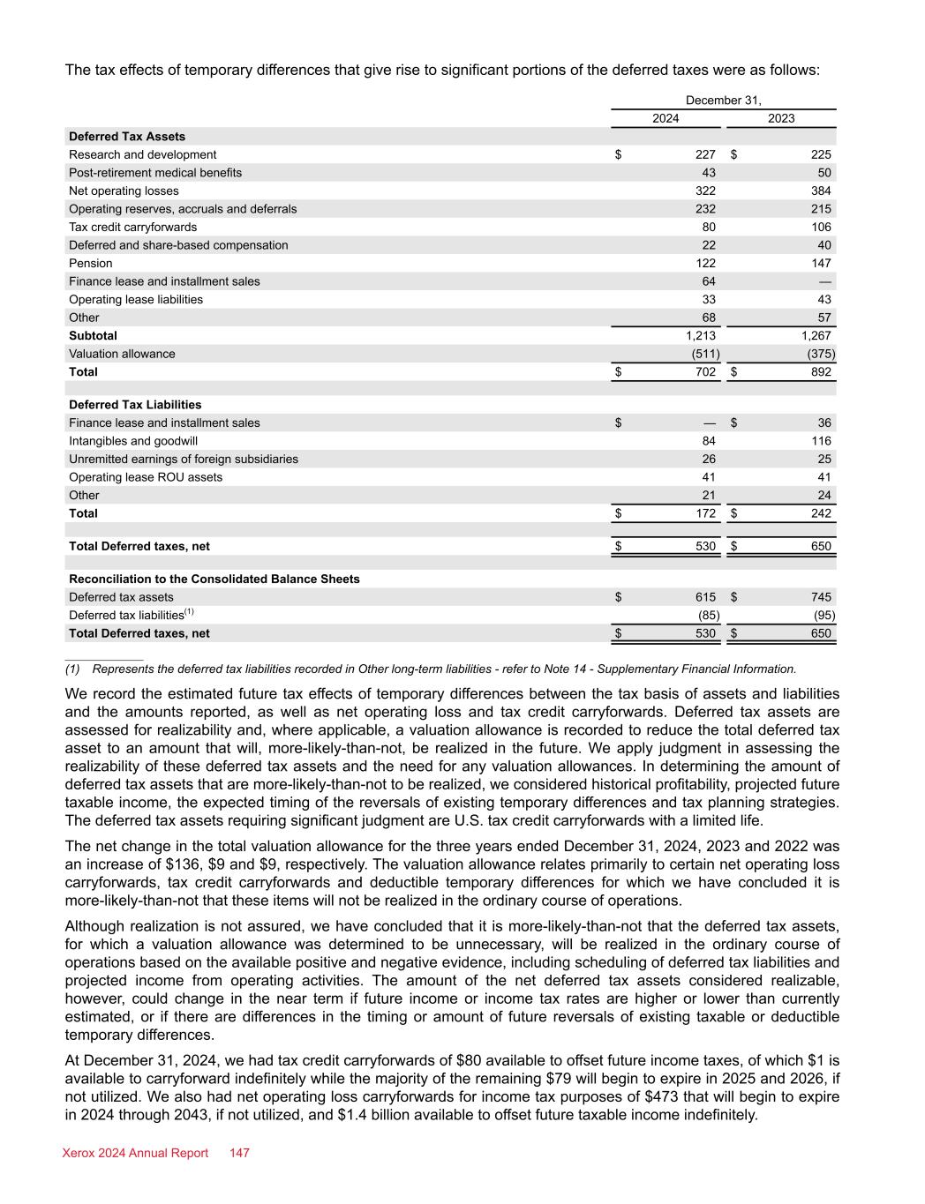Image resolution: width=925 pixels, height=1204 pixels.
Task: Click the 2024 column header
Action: (x=666, y=118)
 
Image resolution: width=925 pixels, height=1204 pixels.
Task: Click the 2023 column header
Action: (x=781, y=118)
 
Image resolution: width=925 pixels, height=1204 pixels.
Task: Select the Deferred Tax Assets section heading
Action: (x=127, y=137)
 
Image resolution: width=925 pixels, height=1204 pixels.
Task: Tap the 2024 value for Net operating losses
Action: (x=705, y=191)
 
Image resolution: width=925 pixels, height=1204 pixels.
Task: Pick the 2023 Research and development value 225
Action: (x=821, y=154)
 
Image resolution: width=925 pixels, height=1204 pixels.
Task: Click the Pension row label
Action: (x=91, y=263)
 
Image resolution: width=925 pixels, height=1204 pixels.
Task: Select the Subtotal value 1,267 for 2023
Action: (x=816, y=335)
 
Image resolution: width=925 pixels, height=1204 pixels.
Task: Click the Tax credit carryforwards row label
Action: (x=133, y=227)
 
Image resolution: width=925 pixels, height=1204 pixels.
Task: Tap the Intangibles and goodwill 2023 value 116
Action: (x=821, y=440)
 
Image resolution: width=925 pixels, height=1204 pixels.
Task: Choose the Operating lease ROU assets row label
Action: (x=146, y=477)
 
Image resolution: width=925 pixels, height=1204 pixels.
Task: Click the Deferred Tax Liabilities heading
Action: (x=135, y=405)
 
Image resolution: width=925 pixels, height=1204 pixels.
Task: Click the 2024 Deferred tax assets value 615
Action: (x=705, y=597)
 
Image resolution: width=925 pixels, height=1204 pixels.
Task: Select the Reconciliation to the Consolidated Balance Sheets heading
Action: (x=214, y=579)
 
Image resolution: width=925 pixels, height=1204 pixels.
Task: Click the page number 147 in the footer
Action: (x=240, y=1153)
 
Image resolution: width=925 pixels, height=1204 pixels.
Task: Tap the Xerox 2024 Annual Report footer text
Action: (x=136, y=1153)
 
